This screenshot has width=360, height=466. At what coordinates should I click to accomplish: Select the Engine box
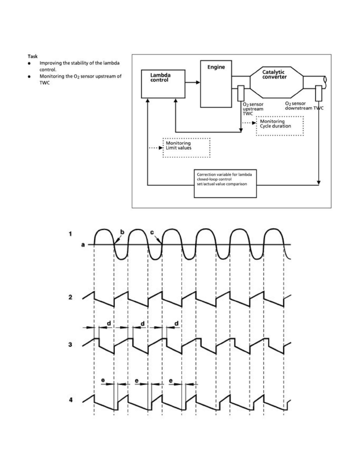(x=216, y=84)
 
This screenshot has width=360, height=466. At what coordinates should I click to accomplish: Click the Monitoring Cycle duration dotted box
(x=280, y=126)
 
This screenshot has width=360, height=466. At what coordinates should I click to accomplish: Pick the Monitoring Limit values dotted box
(x=187, y=147)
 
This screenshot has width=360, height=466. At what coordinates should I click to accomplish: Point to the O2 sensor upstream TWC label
(x=253, y=108)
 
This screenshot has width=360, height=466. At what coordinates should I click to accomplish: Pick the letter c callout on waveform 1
(x=152, y=232)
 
